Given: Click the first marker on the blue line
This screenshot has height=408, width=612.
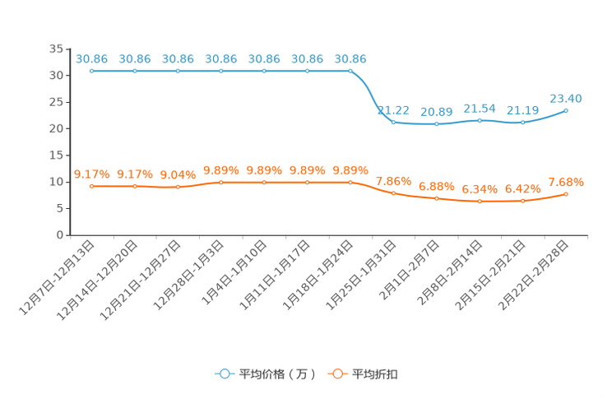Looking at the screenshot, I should point(92,72).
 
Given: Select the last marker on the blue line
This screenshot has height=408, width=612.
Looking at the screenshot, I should point(566,110).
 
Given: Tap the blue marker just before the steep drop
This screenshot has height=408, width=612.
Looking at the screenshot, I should point(350,72).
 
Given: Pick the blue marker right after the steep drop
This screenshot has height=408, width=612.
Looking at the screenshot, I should point(393,123).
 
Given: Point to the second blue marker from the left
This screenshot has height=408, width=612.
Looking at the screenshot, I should point(135,72).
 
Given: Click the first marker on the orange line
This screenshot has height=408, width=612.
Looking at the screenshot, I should point(92,186).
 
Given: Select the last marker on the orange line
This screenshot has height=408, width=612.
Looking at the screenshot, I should point(566,193).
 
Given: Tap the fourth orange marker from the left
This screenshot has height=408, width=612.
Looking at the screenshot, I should point(221,182).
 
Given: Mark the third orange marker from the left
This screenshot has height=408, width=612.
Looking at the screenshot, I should point(178,187).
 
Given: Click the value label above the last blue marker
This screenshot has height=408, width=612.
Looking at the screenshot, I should point(566,98).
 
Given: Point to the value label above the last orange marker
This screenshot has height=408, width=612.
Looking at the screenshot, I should point(566,181).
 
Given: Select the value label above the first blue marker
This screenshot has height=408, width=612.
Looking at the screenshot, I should point(92,58).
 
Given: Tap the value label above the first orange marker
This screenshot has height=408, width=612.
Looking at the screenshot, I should point(92,174).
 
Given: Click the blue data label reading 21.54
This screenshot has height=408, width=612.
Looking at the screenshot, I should point(480,109).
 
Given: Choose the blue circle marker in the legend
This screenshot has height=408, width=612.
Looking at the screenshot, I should point(223,373).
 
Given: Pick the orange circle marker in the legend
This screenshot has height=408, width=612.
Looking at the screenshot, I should point(336,373).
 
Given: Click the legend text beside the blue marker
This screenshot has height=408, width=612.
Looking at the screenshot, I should point(276,374).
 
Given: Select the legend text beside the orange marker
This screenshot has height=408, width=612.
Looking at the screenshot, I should point(377,374).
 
